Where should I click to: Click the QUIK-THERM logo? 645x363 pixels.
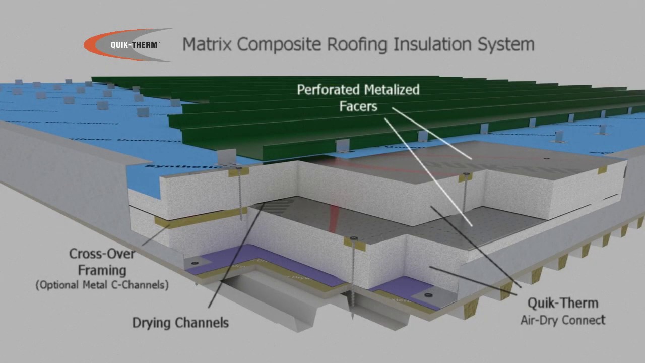[128, 44]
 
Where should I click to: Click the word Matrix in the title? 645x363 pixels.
[207, 44]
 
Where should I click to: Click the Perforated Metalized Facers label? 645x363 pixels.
[358, 98]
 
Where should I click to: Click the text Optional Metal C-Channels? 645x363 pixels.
[102, 285]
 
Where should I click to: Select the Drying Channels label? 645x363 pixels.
[180, 323]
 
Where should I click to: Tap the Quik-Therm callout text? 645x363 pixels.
[562, 303]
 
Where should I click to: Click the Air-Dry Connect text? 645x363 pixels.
[562, 320]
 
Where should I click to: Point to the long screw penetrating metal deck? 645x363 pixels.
[352, 282]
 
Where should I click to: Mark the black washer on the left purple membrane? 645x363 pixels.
[195, 263]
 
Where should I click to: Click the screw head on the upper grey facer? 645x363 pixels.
[546, 158]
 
